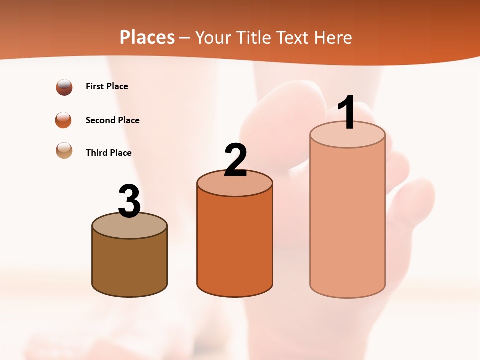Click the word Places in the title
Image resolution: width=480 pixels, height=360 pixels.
point(147,37)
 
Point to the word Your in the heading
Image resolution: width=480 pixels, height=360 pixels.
point(213,37)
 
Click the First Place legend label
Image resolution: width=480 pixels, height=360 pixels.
point(107,86)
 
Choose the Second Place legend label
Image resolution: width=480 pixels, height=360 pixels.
point(112,120)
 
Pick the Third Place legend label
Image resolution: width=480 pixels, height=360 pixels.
point(108,153)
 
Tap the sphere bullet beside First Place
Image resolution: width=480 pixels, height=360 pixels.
point(64,87)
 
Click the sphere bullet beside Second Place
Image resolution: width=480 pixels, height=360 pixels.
point(64,120)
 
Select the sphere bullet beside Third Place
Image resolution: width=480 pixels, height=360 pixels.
point(64,150)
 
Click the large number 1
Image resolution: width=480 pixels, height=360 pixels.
point(346,113)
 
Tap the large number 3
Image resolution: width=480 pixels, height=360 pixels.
point(129,201)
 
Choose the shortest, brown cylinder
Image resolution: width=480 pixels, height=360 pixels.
point(129,265)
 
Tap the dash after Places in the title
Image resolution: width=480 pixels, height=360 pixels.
point(184,38)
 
